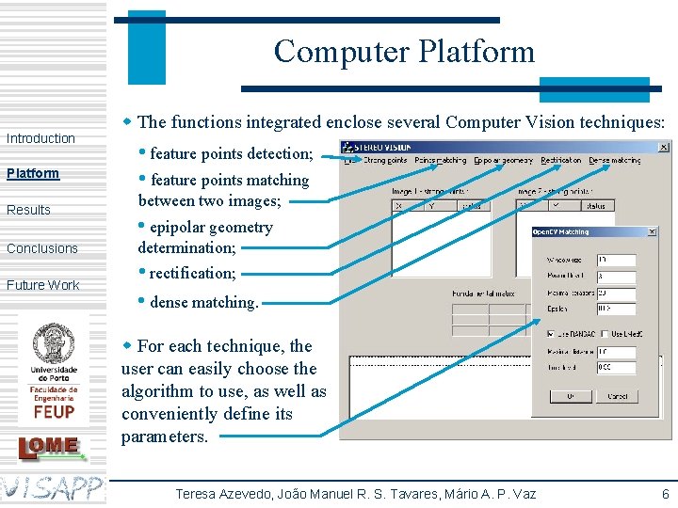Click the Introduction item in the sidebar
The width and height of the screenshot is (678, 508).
40,138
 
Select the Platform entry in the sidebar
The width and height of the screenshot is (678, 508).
33,173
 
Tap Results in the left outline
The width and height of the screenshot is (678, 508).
28,210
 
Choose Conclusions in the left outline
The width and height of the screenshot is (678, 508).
42,248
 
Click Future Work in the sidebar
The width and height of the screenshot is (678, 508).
43,285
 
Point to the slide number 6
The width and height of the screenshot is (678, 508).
665,494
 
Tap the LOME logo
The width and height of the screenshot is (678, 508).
53,446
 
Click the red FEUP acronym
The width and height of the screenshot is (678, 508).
54,411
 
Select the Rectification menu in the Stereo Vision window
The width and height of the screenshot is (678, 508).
561,161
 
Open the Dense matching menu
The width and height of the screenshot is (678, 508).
614,161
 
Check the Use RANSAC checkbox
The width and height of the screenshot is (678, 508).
551,334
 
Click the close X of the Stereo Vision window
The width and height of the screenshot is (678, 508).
663,147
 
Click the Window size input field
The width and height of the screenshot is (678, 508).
616,260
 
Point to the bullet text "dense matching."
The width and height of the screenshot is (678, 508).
203,302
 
